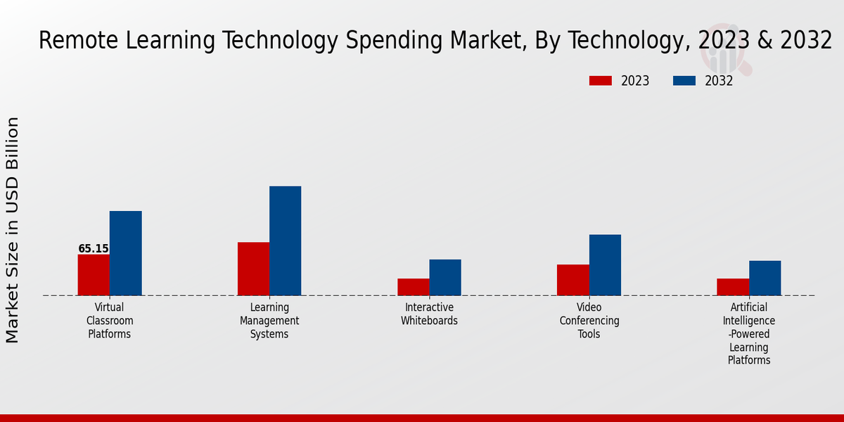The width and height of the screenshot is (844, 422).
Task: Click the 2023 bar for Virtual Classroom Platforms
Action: (x=94, y=275)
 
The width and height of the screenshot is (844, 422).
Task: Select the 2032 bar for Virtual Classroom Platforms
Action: (x=125, y=253)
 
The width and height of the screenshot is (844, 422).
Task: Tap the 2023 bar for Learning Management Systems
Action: (x=253, y=269)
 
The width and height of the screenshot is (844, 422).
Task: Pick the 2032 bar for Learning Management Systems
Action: (x=285, y=241)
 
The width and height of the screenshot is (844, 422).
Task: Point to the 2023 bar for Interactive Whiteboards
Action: (x=413, y=287)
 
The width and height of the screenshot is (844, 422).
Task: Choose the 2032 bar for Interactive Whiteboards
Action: (x=445, y=277)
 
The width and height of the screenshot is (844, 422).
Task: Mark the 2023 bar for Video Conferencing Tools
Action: (x=573, y=280)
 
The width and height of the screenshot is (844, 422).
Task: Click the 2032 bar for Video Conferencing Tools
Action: (x=605, y=265)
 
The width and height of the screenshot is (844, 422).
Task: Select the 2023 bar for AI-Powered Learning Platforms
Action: (x=733, y=287)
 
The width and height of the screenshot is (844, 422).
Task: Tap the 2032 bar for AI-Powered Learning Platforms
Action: (x=765, y=278)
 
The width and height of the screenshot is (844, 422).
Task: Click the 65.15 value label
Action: (x=94, y=249)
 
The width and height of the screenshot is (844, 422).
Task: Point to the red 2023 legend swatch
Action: (x=601, y=81)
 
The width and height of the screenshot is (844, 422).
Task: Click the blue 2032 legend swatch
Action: (x=684, y=81)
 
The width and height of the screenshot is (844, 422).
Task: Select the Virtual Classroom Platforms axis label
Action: (x=110, y=321)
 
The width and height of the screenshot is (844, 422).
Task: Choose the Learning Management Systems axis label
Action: (x=269, y=321)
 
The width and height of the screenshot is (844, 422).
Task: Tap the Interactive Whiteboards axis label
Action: (x=429, y=314)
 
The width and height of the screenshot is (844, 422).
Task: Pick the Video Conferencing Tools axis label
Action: (x=589, y=321)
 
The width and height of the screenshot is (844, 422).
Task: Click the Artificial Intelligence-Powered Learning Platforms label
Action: (x=749, y=334)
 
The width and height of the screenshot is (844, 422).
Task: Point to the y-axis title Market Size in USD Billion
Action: (x=13, y=230)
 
